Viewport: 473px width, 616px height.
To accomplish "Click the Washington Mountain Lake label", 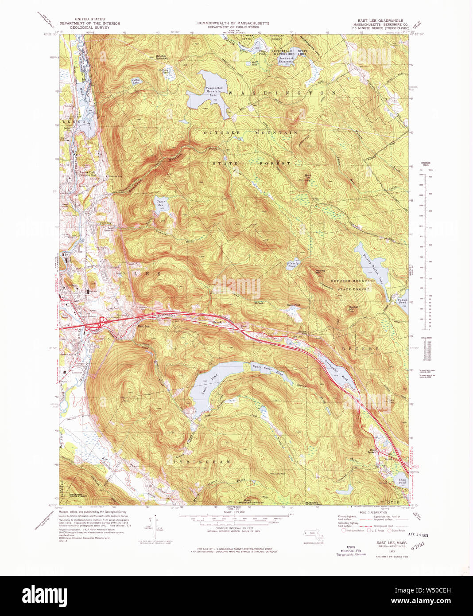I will click(x=214, y=91).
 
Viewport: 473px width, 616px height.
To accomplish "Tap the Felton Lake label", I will click(x=136, y=81).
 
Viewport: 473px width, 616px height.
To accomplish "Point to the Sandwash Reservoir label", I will click(x=286, y=60).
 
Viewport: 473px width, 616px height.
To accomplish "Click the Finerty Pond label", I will click(x=292, y=265).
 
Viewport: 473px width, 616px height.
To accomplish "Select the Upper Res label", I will click(x=160, y=203).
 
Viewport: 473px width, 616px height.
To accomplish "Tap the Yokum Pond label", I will click(x=402, y=301).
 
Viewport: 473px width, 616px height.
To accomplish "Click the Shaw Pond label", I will click(x=402, y=481).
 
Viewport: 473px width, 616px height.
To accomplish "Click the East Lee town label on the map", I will click(x=143, y=327).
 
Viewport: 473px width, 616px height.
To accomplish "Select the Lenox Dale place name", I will click(x=87, y=172).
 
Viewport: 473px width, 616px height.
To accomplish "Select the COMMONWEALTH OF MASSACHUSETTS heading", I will click(x=233, y=23).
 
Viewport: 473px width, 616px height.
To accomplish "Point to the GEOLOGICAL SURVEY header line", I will click(x=84, y=27).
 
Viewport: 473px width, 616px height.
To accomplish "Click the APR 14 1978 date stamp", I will click(x=419, y=535).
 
